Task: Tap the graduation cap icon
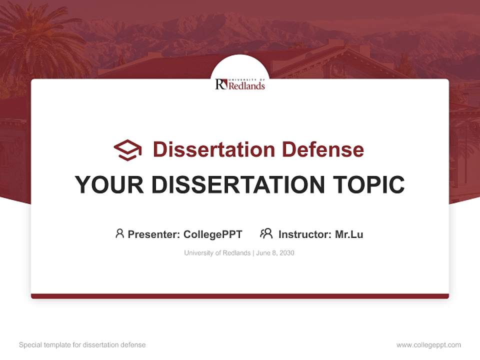click(127, 149)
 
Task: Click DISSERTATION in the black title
click(234, 185)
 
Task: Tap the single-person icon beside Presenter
click(119, 233)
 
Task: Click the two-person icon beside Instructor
click(266, 233)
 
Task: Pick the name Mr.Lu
click(349, 234)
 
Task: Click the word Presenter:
click(154, 234)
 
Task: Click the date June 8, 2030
click(275, 253)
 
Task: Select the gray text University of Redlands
click(217, 253)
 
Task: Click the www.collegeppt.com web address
click(428, 345)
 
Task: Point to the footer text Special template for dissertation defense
click(82, 345)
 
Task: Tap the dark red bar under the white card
click(240, 296)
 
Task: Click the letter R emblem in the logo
click(221, 84)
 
